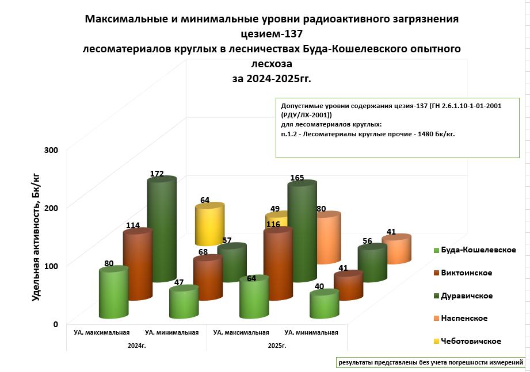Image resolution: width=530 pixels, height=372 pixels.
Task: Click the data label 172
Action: pos(157,174)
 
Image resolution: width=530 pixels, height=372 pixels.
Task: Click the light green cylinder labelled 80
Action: pos(113,293)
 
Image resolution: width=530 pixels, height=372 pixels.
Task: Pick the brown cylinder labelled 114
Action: pos(137,264)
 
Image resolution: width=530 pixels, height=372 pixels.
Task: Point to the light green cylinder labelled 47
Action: pos(184,303)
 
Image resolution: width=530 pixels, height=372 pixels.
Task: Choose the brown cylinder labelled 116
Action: pos(278,264)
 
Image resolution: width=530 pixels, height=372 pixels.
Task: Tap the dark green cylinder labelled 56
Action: pos(372,263)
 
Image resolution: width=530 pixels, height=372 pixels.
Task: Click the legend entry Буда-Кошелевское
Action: pos(474,250)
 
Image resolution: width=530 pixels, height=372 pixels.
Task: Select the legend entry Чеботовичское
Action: pos(470,341)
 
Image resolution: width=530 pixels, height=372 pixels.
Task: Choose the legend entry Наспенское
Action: pos(465,318)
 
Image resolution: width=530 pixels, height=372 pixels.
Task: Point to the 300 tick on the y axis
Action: pos(52,150)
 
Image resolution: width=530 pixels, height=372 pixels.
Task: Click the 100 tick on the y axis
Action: pos(52,266)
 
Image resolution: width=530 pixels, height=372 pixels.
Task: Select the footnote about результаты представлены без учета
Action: pos(430,363)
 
